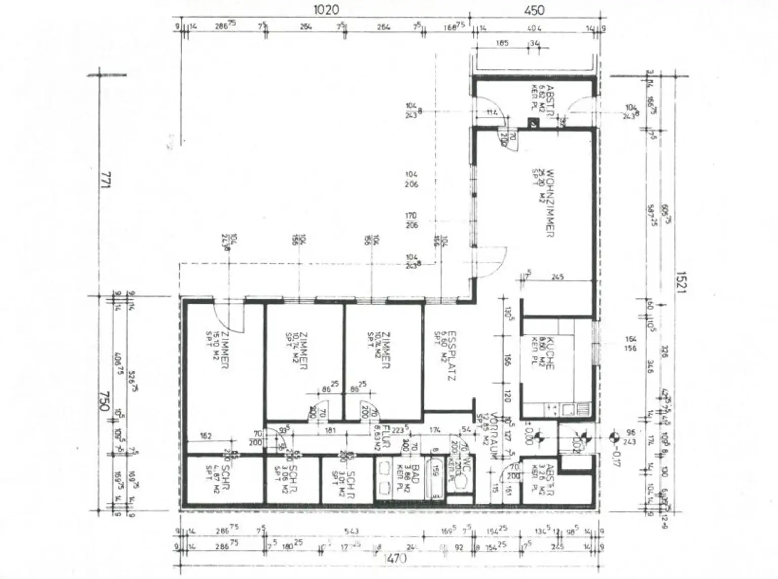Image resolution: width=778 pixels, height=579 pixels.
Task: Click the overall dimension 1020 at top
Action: tap(326, 10)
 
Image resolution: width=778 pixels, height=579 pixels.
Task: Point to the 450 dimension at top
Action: tap(534, 10)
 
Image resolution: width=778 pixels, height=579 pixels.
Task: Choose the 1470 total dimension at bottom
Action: tap(395, 559)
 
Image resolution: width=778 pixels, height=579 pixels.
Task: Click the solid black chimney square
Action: tap(533, 123)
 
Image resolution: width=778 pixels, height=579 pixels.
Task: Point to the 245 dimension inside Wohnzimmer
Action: tap(558, 277)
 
